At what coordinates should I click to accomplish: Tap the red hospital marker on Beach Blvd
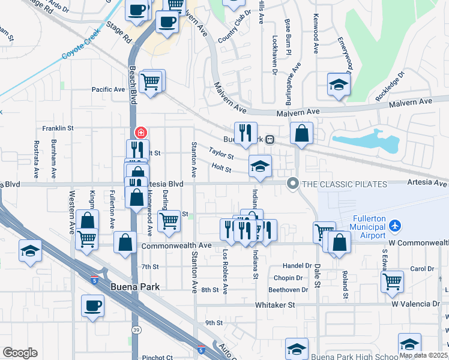click(x=140, y=132)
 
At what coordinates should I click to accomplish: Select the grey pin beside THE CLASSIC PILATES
click(x=293, y=183)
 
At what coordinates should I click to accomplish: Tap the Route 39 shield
click(x=137, y=330)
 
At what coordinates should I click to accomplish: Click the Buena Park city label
click(x=135, y=287)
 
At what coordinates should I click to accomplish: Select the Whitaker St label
click(x=275, y=305)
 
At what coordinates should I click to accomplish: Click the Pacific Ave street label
click(x=108, y=89)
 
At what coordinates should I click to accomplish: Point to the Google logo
click(x=20, y=353)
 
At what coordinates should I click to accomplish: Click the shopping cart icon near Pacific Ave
click(x=150, y=81)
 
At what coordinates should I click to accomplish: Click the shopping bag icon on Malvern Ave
click(x=301, y=134)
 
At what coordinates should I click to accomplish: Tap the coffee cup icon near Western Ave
click(x=92, y=305)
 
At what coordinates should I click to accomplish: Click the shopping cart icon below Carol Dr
click(x=392, y=280)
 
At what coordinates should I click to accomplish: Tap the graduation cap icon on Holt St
click(x=260, y=166)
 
